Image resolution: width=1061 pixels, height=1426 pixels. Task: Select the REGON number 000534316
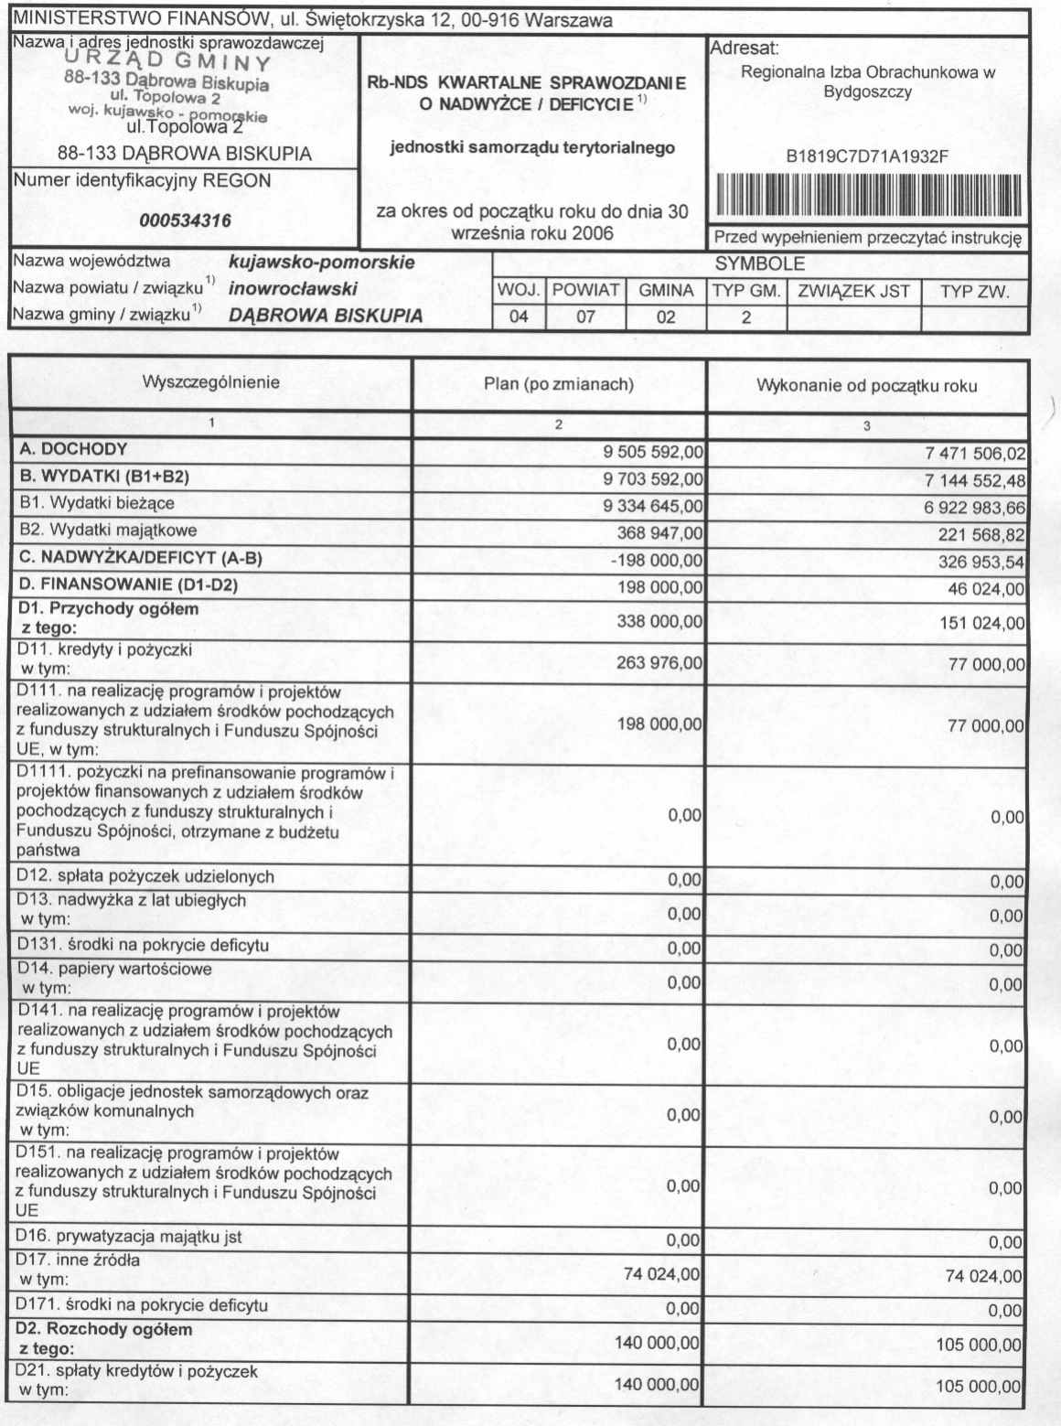pos(185,220)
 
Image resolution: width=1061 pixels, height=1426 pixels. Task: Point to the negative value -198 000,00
pos(657,561)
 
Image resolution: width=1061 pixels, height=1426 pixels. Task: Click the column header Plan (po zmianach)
pos(559,384)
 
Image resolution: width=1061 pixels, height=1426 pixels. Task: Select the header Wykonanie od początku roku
pos(866,385)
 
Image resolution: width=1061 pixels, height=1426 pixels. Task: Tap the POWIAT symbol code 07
pos(585,317)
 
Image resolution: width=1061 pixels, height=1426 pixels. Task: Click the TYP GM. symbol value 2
pos(746,317)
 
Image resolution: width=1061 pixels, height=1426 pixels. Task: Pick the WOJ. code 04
pos(519,317)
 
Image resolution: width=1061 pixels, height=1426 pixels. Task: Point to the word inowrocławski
pos(293,289)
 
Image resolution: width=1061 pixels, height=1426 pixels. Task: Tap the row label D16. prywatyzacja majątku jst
pos(129,1238)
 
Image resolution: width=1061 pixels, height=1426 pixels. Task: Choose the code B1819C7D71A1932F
pos(867,157)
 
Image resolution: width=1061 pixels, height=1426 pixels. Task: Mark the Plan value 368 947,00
pos(659,533)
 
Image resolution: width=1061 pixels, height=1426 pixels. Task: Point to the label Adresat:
pos(744,48)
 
